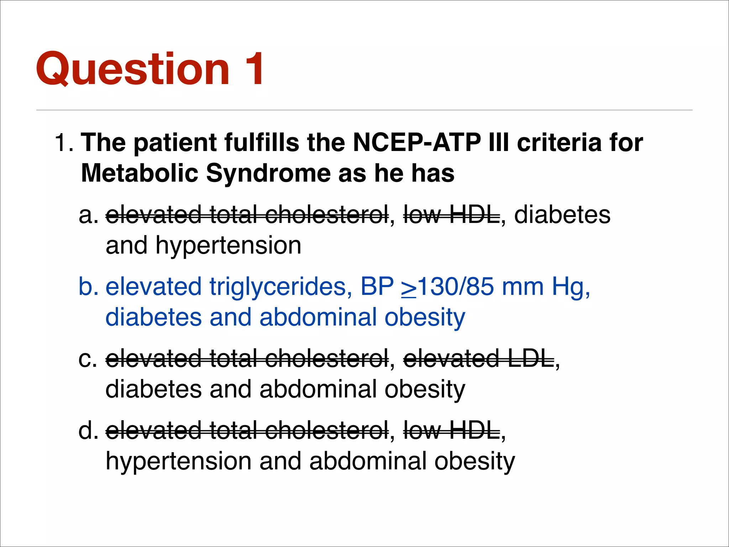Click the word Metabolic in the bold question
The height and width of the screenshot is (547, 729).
(x=139, y=173)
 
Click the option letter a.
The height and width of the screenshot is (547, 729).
(x=88, y=215)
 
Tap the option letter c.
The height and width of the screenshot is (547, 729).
(x=87, y=359)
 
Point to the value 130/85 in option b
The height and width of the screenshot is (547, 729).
(x=455, y=286)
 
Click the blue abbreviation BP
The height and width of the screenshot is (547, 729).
(x=377, y=286)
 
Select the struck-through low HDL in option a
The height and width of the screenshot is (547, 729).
(x=451, y=215)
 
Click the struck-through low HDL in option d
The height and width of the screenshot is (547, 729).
(x=451, y=430)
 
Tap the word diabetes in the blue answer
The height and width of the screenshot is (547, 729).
(x=153, y=317)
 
